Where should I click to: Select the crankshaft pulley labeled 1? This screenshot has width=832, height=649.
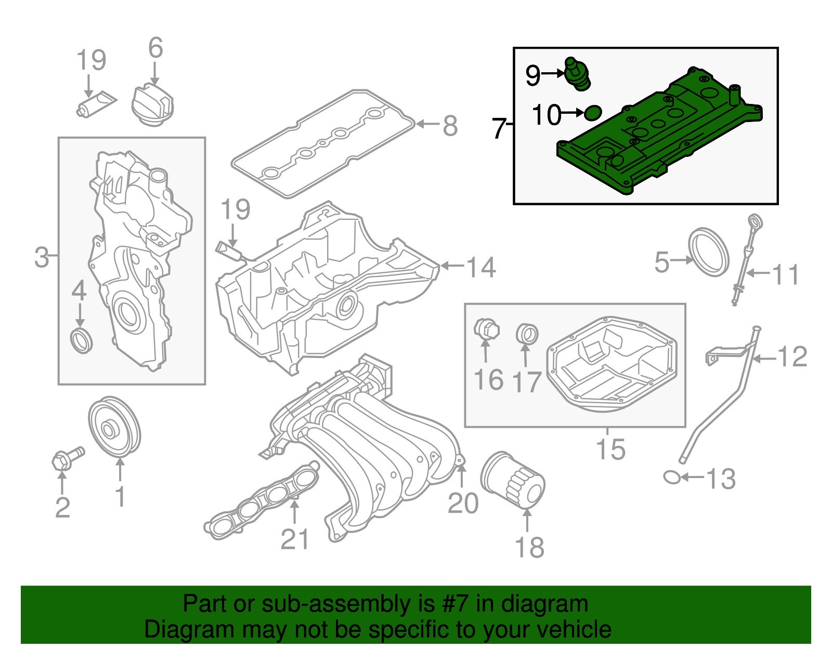point(114,427)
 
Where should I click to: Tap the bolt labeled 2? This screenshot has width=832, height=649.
point(68,457)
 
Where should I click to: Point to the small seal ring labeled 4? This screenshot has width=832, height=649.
point(82,340)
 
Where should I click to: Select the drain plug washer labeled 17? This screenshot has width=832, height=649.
point(527,334)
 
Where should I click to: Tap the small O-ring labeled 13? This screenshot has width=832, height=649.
point(672,476)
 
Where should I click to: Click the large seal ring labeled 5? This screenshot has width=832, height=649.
point(709,251)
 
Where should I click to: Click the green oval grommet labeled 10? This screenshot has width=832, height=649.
point(593,112)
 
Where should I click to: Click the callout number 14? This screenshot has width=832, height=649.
point(481,267)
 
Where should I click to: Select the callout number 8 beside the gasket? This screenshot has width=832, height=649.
point(450,126)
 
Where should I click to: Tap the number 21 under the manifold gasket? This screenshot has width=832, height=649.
point(295,539)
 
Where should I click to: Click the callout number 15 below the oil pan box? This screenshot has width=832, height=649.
point(610,449)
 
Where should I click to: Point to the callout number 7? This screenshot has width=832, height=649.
point(499,128)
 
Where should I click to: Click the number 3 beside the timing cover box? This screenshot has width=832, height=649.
point(42,257)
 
